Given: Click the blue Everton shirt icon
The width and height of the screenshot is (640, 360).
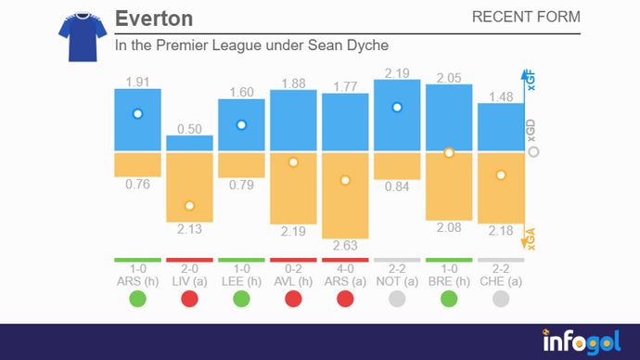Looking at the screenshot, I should [x=76, y=36].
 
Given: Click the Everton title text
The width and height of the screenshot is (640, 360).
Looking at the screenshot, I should [x=154, y=19].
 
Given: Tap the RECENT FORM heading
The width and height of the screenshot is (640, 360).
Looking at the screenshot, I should [x=526, y=18].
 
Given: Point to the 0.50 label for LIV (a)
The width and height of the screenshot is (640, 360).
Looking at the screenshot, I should [x=189, y=128].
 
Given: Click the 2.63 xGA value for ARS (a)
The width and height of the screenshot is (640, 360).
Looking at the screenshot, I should [x=345, y=245].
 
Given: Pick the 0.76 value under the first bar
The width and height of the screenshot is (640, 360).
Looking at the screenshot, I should [x=137, y=185].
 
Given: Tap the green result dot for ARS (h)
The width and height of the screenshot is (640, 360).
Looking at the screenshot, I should [x=137, y=299].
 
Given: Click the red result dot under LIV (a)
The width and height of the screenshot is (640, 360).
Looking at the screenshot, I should [x=189, y=299].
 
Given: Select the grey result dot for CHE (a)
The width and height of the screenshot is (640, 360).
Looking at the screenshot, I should [x=501, y=299].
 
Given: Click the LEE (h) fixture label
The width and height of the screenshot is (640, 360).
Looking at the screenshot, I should [x=241, y=281].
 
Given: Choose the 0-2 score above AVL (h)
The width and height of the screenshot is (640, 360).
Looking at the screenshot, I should [x=293, y=269].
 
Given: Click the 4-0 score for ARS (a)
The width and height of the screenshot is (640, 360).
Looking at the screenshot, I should [x=345, y=269].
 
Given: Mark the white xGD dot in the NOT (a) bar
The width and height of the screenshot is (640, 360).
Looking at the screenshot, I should [x=397, y=108].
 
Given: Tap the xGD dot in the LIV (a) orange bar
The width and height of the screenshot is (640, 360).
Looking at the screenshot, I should [x=189, y=205].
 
